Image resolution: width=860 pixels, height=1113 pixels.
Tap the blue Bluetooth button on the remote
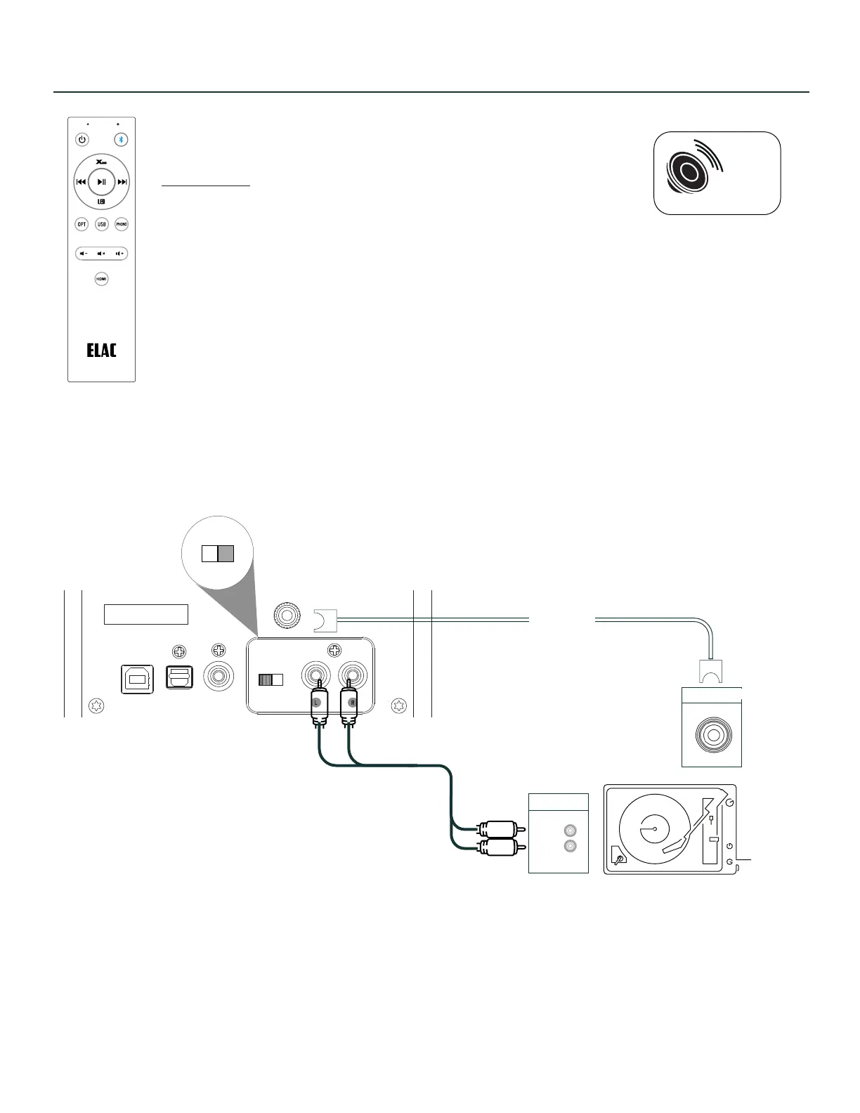point(121,139)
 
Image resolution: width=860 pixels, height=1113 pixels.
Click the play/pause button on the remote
point(102,182)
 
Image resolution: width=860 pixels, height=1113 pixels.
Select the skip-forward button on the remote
point(122,182)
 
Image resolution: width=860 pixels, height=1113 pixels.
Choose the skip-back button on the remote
point(81,182)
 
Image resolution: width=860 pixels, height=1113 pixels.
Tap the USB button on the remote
point(102,225)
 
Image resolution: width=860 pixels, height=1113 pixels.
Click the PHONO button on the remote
point(122,225)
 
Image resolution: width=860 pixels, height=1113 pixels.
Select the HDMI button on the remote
point(102,279)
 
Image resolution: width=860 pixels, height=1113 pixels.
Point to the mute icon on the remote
point(101,253)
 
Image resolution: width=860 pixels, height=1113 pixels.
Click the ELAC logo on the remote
point(101,350)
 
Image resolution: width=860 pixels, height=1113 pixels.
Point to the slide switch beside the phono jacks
point(271,679)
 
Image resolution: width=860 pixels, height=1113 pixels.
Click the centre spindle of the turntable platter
point(654,829)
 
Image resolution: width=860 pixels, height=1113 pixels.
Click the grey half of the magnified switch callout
point(226,553)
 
